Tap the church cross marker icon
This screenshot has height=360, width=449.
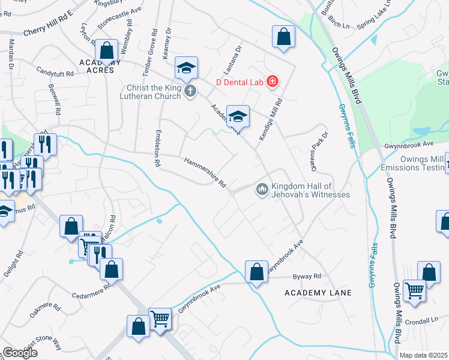(190, 91)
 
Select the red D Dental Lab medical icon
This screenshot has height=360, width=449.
(273, 80)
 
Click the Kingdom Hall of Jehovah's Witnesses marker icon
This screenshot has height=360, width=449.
(262, 190)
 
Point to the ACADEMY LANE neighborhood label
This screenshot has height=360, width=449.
(318, 292)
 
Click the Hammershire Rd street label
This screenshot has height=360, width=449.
(205, 172)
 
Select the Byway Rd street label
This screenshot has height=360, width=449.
(307, 277)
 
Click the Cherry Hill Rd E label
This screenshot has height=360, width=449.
(47, 31)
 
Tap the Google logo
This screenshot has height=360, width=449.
(20, 352)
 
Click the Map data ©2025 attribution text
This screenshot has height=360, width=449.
(424, 355)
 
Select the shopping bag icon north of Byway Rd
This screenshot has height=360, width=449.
(257, 272)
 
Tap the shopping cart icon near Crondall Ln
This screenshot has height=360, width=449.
(415, 292)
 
